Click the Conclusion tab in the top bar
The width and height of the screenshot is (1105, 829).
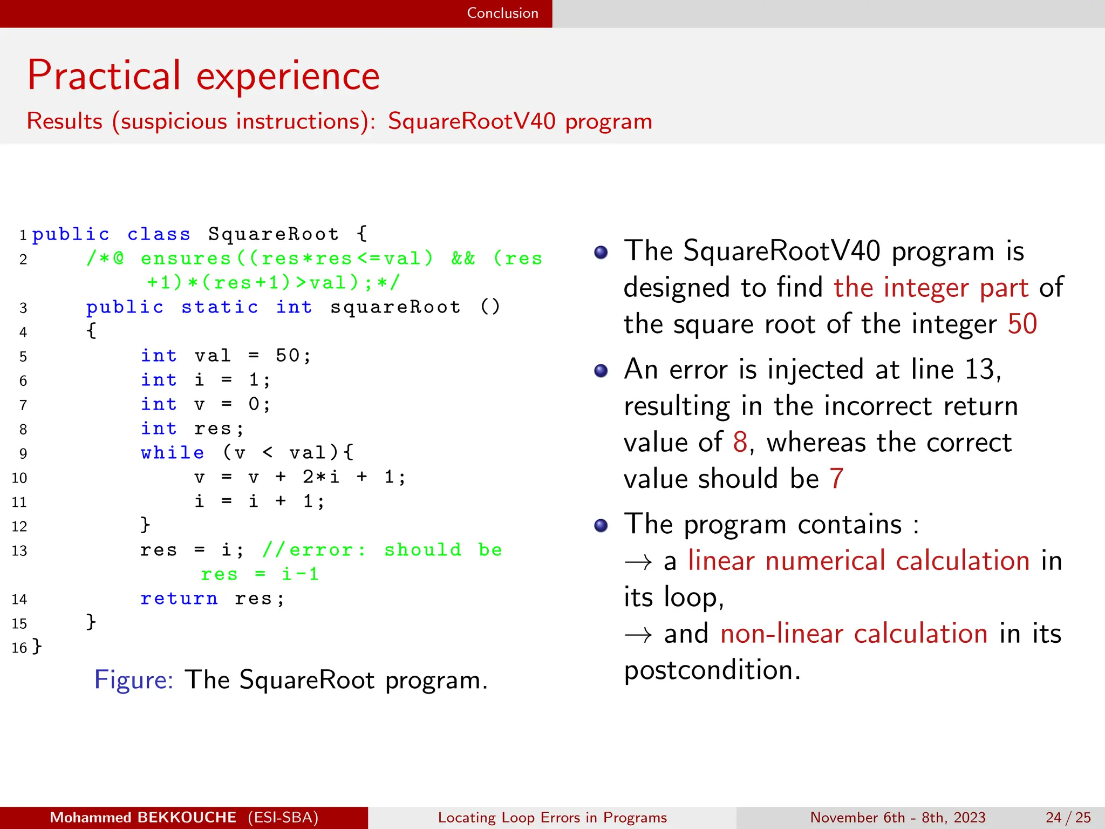click(x=502, y=13)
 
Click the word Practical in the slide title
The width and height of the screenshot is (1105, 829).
click(x=104, y=76)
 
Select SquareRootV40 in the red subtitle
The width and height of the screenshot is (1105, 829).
click(x=472, y=121)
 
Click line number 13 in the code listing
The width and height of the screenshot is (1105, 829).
click(x=19, y=551)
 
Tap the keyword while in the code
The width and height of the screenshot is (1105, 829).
click(x=172, y=453)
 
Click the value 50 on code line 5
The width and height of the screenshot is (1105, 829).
click(x=288, y=356)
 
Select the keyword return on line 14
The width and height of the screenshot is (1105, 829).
click(x=179, y=599)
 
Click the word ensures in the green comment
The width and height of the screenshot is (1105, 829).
click(x=186, y=259)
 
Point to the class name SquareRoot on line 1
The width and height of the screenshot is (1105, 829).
click(x=274, y=234)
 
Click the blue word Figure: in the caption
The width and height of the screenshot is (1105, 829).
click(x=133, y=679)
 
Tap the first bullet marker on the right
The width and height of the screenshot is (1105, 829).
click(x=601, y=252)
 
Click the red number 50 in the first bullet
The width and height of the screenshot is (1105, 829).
click(x=1022, y=324)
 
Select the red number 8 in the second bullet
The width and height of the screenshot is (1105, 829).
click(x=740, y=443)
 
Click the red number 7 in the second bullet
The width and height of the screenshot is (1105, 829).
click(x=836, y=479)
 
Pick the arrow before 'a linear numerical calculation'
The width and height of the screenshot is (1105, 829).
click(x=638, y=562)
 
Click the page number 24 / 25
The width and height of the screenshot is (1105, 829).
click(x=1068, y=817)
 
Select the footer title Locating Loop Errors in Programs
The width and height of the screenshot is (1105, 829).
click(x=552, y=817)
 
